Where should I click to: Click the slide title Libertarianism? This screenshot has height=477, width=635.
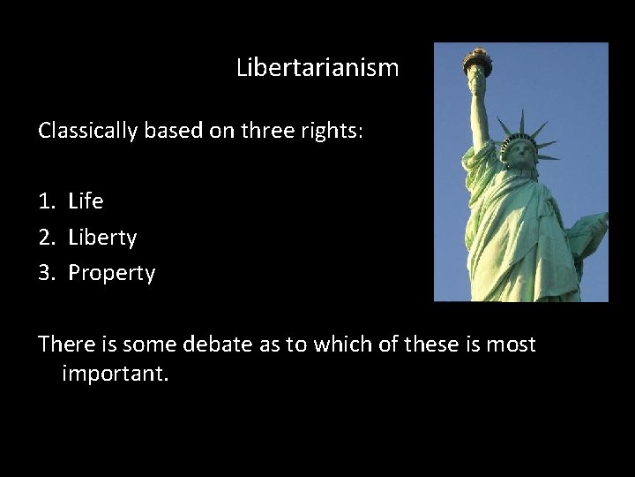pyautogui.click(x=317, y=67)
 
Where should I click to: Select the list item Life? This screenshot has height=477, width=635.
pyautogui.click(x=86, y=201)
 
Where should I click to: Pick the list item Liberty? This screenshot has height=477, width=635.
pyautogui.click(x=102, y=238)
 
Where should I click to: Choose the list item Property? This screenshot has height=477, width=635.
pyautogui.click(x=111, y=273)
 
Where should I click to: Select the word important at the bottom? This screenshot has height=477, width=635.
pyautogui.click(x=114, y=374)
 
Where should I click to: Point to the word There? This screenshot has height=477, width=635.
pyautogui.click(x=64, y=344)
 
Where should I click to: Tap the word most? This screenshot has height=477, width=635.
pyautogui.click(x=511, y=344)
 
